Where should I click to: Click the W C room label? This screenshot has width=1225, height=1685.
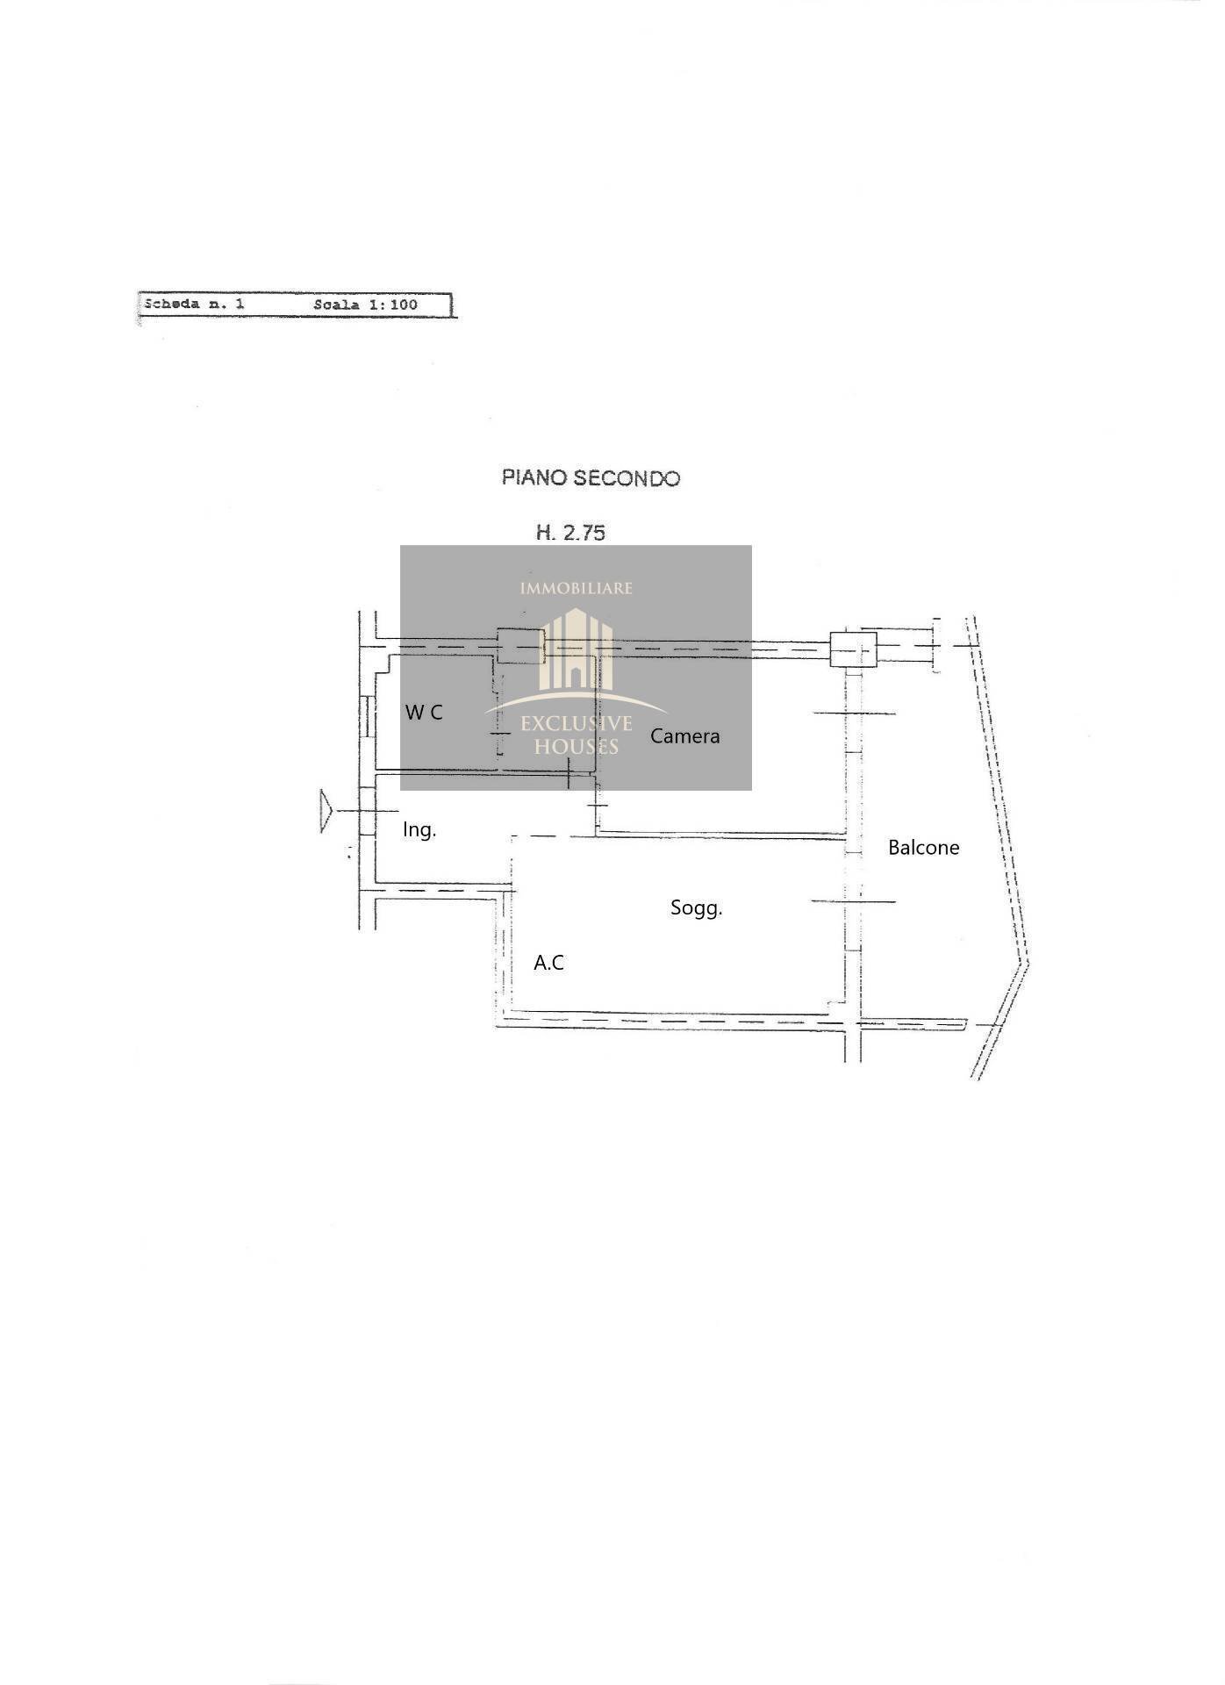424,713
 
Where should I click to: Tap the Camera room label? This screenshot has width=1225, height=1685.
684,736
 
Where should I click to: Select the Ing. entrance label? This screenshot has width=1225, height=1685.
419,830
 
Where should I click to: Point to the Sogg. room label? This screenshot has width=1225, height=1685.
697,908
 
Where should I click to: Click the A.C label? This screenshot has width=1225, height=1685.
549,963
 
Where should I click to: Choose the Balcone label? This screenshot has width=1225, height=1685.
924,848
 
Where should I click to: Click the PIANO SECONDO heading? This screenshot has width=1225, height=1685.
591,478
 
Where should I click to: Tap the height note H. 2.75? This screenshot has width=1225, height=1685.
571,532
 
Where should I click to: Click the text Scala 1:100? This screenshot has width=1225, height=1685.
365,305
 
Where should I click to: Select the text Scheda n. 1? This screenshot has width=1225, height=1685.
194,305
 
